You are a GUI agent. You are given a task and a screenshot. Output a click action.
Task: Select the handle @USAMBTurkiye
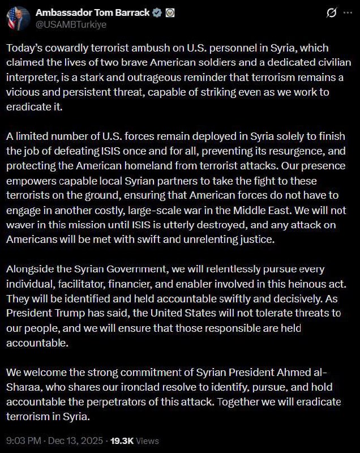(x=71, y=24)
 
